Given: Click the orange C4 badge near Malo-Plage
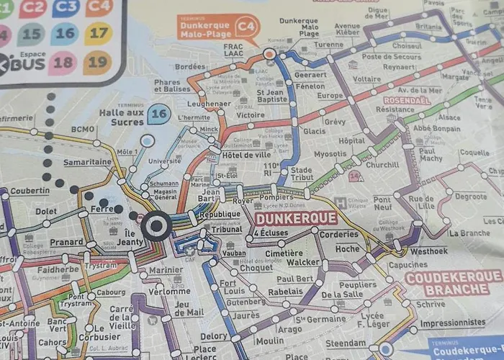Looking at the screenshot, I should tap(247, 27).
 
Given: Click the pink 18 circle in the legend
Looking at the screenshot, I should tap(63, 63).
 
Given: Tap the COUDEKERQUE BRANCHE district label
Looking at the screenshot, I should tap(453, 283).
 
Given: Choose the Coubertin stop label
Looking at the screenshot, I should tap(30, 191).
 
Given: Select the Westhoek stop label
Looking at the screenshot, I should tap(428, 251).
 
